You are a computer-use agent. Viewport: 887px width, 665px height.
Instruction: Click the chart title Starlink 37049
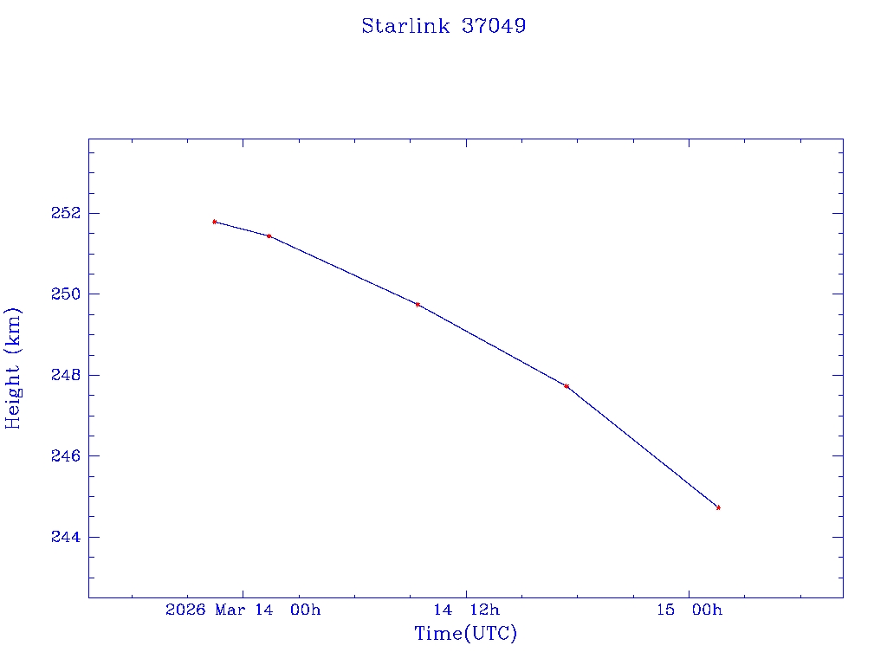click(443, 26)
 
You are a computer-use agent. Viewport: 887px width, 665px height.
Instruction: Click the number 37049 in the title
click(494, 26)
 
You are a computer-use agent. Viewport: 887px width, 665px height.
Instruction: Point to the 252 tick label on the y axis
click(66, 213)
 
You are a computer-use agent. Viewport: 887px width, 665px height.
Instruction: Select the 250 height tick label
click(66, 294)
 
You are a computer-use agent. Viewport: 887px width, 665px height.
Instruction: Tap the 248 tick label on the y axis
click(66, 375)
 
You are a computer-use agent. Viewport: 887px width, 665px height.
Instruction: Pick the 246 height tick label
click(66, 456)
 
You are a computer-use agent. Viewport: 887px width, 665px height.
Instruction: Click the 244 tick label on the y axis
click(66, 538)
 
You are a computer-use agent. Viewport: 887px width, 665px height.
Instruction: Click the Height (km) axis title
click(13, 368)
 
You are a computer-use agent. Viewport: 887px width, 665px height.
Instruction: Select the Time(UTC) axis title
click(465, 634)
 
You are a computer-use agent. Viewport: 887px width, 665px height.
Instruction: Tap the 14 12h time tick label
click(467, 610)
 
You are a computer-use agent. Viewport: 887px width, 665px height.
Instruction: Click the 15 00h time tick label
click(690, 610)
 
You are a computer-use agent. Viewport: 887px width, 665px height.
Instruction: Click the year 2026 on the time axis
click(185, 610)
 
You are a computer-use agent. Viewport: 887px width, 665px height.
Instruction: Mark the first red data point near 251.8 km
click(214, 222)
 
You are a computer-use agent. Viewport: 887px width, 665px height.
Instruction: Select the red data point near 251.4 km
click(269, 236)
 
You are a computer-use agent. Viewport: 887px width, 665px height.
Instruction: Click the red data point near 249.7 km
click(418, 305)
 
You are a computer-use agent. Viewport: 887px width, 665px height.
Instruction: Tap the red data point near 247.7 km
click(567, 386)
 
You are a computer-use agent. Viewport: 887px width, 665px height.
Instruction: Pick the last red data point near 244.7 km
click(718, 507)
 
